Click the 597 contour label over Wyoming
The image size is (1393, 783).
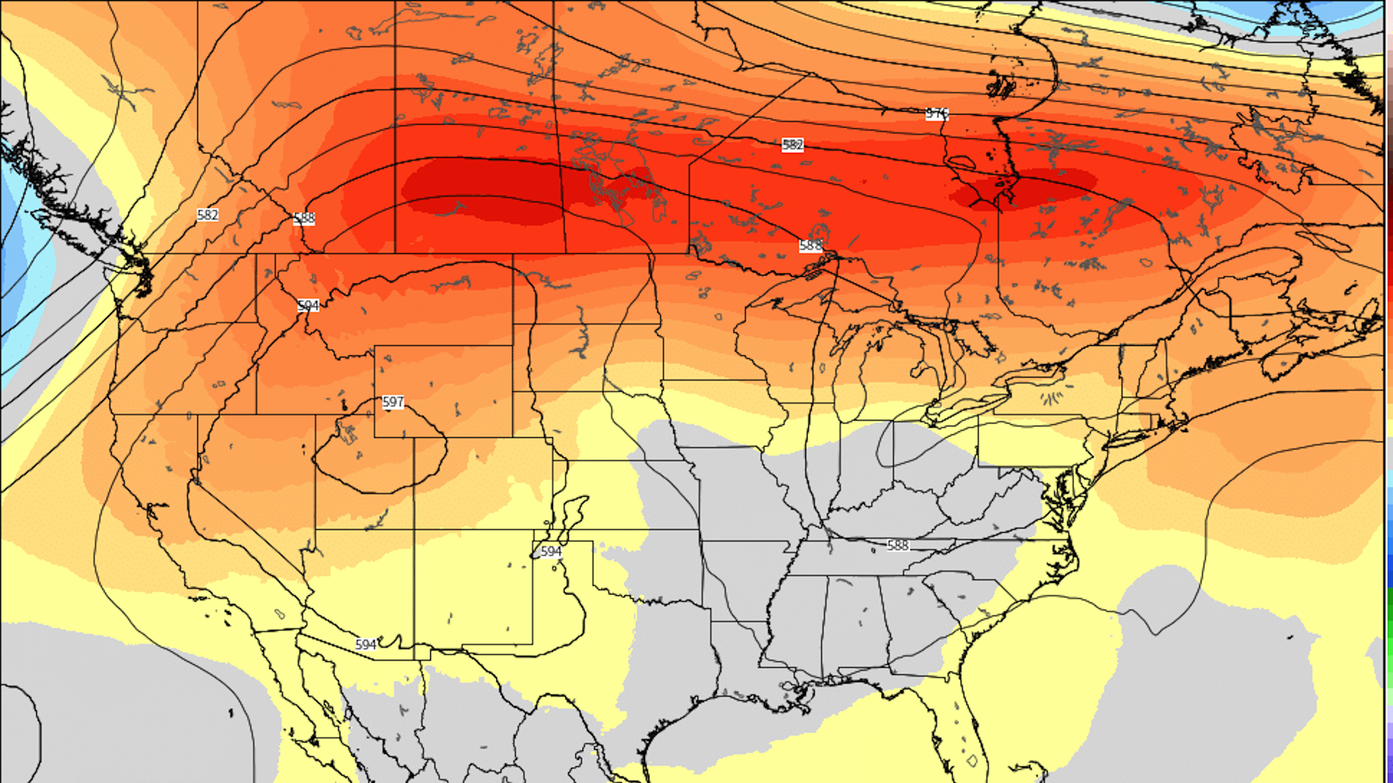coord(393,402)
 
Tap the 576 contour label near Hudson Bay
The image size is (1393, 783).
coord(937,114)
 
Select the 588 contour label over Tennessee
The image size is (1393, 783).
coord(897,545)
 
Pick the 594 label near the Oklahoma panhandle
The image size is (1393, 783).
coord(551,552)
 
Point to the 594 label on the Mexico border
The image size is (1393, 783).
coord(366,645)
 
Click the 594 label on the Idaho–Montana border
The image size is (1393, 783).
coord(308,306)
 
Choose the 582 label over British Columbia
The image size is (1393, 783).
coord(207,215)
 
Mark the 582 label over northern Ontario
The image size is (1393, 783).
coord(792,145)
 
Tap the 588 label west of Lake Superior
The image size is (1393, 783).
coord(810,246)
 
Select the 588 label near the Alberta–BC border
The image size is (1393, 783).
coord(304,218)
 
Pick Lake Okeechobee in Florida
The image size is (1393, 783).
coord(972,761)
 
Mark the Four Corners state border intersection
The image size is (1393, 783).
coord(414,530)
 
